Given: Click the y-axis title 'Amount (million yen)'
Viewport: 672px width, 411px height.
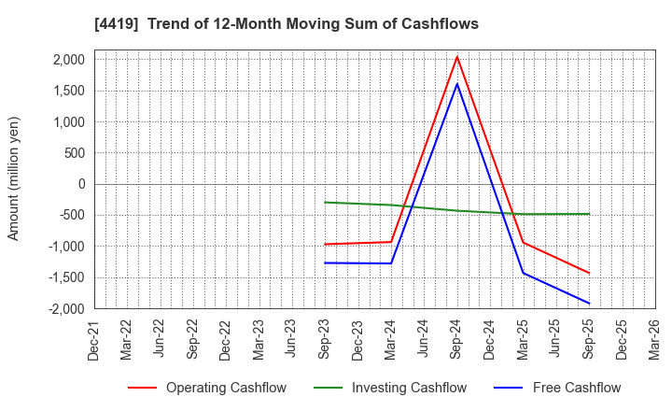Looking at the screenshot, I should (x=13, y=178).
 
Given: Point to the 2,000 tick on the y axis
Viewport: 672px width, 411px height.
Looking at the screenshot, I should (x=69, y=60).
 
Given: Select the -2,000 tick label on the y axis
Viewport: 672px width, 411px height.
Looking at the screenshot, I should (x=67, y=308).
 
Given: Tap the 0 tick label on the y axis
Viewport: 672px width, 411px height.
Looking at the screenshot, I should (x=81, y=184).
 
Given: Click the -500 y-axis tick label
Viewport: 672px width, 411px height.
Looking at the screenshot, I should (x=73, y=215).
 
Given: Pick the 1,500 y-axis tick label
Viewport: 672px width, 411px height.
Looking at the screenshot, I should (x=69, y=91).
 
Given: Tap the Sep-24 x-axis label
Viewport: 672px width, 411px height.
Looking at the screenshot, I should (x=456, y=339).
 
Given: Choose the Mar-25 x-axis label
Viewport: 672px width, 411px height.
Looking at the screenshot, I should (x=523, y=339).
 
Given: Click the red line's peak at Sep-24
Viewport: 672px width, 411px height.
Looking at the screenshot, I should (x=456, y=57).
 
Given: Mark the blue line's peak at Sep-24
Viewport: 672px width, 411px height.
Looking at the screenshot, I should (x=456, y=84).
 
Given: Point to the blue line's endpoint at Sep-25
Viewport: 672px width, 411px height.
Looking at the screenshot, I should (x=589, y=304).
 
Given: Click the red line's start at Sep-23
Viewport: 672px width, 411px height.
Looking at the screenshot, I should (x=325, y=245).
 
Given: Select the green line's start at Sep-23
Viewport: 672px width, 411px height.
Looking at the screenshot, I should (x=325, y=202).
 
